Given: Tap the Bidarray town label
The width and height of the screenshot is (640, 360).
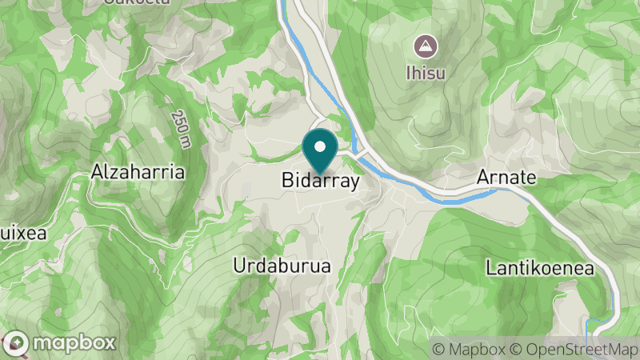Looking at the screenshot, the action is (x=321, y=182).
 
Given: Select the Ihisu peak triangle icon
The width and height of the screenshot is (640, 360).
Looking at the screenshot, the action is (x=425, y=45).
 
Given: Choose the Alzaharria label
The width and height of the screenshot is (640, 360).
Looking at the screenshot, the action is (x=138, y=172).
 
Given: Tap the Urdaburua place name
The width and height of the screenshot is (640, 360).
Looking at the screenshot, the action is (x=282, y=266).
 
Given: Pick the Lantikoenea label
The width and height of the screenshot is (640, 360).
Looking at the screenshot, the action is (x=540, y=269).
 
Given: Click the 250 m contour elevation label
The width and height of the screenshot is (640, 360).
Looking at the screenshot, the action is (x=180, y=128).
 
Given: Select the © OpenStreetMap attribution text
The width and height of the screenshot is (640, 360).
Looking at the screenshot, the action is (x=574, y=349).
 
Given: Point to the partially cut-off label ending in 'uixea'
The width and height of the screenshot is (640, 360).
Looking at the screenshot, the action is (x=23, y=234).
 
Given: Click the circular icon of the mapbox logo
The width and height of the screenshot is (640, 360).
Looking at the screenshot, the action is (x=17, y=344).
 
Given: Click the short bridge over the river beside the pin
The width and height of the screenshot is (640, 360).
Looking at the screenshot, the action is (x=358, y=152).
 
